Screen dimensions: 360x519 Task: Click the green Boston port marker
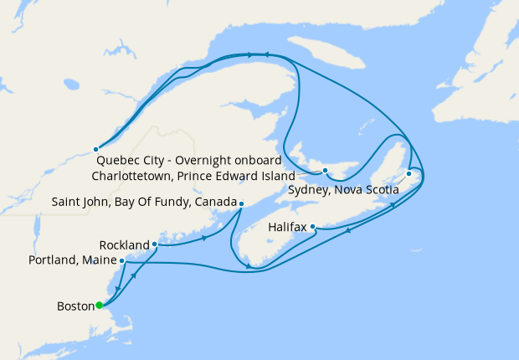pyautogui.click(x=99, y=305)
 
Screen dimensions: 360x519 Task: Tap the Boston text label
pyautogui.click(x=75, y=306)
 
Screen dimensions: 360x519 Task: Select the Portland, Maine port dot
pyautogui.click(x=123, y=260)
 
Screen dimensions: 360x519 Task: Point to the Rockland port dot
pyautogui.click(x=155, y=244)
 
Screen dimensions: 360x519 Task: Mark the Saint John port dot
pyautogui.click(x=241, y=203)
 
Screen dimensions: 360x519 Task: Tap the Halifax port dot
pyautogui.click(x=312, y=226)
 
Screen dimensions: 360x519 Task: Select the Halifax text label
pyautogui.click(x=288, y=227)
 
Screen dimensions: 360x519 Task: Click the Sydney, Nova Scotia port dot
pyautogui.click(x=409, y=174)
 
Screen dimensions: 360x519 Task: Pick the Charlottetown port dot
pyautogui.click(x=325, y=171)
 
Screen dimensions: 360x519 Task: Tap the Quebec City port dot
pyautogui.click(x=96, y=149)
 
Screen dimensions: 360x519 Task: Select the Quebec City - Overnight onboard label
pyautogui.click(x=188, y=160)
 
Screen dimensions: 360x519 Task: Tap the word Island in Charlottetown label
pyautogui.click(x=276, y=177)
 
